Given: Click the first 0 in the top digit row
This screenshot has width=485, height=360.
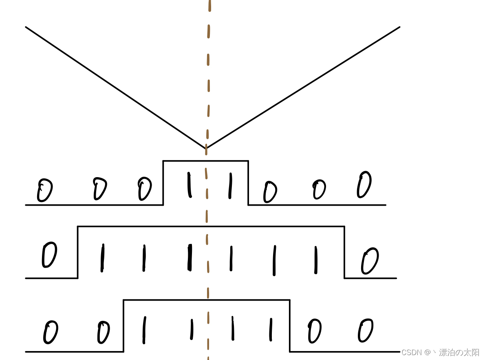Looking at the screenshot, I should (44, 190).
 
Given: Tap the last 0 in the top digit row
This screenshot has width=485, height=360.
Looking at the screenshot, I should (364, 184).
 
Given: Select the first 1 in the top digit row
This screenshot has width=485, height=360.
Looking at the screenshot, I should (189, 185).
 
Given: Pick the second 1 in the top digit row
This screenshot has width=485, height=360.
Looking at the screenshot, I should (230, 186).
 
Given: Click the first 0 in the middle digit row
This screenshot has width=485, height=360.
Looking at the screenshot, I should (49, 255).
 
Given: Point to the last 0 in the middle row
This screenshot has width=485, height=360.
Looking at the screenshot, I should (370, 261).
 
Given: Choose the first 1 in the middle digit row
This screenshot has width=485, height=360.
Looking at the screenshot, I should (102, 258).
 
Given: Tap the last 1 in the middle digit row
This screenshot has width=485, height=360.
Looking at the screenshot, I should (315, 260).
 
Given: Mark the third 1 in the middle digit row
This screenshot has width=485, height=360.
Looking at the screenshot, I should (190, 257).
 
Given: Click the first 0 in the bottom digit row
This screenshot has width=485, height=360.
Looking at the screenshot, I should (51, 332).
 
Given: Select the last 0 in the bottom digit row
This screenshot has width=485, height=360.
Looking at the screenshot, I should (365, 330).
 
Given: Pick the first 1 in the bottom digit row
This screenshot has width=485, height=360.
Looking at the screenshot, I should (143, 330).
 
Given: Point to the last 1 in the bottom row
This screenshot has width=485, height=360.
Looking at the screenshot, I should (270, 329).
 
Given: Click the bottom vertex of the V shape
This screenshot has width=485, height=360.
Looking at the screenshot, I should (206, 149).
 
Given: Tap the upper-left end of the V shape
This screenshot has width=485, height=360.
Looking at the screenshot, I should (26, 27).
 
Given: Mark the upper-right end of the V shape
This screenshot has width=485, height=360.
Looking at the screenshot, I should (399, 27).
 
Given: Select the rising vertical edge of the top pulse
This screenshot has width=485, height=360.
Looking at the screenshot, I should (163, 183).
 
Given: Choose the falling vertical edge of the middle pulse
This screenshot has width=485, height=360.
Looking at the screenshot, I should (344, 252).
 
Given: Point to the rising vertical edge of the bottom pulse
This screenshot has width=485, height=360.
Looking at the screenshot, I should (123, 326).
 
